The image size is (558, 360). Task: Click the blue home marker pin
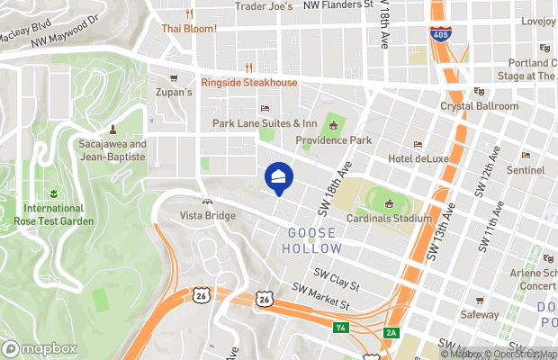[278, 177]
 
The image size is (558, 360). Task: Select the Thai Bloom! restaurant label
[189, 28]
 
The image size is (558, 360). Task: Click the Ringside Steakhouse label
[248, 83]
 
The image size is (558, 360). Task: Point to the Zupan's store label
[175, 92]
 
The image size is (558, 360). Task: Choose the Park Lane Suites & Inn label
[265, 123]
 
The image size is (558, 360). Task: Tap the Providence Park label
[334, 140]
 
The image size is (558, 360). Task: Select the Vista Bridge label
[208, 216]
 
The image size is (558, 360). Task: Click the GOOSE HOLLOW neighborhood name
[313, 238]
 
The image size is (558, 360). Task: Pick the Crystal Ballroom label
[479, 105]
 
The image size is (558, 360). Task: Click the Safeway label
[479, 315]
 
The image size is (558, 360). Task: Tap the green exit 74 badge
[340, 327]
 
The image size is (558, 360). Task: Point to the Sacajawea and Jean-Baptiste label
[112, 149]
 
